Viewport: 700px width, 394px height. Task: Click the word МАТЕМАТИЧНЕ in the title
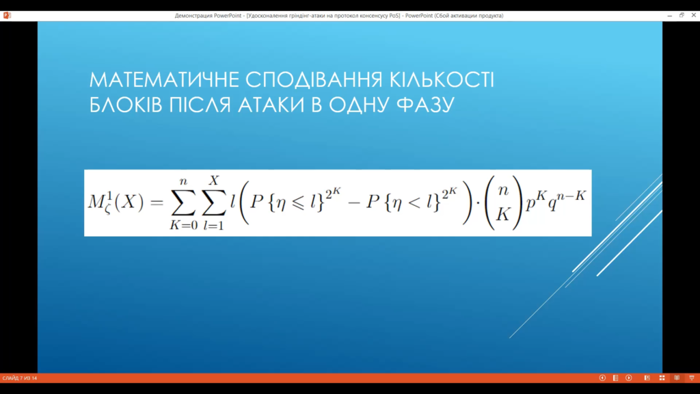pyautogui.click(x=164, y=80)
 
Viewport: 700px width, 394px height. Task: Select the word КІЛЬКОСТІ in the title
pyautogui.click(x=442, y=80)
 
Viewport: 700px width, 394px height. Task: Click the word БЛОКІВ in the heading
pyautogui.click(x=126, y=105)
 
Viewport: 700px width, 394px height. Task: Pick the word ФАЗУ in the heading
pyautogui.click(x=425, y=105)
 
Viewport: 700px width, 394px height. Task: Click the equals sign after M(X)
pyautogui.click(x=157, y=202)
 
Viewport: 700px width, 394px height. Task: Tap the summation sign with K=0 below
pyautogui.click(x=183, y=203)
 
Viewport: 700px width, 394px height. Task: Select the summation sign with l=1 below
pyautogui.click(x=214, y=203)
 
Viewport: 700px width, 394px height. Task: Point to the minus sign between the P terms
pyautogui.click(x=353, y=203)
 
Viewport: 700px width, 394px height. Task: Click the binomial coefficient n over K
pyautogui.click(x=504, y=202)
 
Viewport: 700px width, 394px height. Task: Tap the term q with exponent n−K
pyautogui.click(x=566, y=202)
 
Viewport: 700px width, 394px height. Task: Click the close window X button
pyautogui.click(x=693, y=15)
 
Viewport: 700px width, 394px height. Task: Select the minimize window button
pyautogui.click(x=670, y=16)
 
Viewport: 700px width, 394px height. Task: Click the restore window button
pyautogui.click(x=682, y=15)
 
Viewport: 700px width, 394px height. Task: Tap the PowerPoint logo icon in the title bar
pyautogui.click(x=7, y=15)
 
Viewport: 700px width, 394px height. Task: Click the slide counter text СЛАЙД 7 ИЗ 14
pyautogui.click(x=20, y=378)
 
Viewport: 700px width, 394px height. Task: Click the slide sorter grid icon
pyautogui.click(x=662, y=378)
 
